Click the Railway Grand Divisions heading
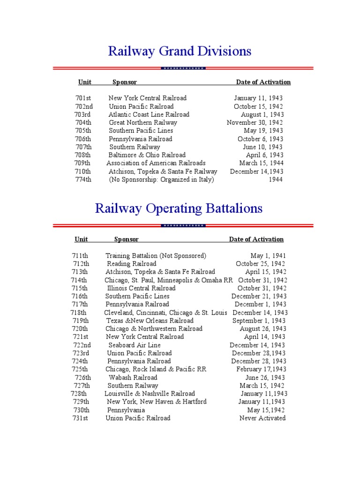pos(180,51)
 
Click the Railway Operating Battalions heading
pos(179,208)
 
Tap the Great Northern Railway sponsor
pos(143,123)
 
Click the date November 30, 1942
pos(255,123)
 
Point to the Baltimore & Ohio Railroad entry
pos(147,155)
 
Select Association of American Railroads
pos(156,163)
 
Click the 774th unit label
pos(83,180)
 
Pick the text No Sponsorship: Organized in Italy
pos(161,180)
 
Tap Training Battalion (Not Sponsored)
pos(156,256)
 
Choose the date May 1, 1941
pos(268,256)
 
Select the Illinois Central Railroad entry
pos(141,288)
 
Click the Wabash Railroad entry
pos(133,377)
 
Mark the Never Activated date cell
pos(262,418)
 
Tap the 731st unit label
pos(80,418)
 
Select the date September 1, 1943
pos(259,321)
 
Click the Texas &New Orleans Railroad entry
pos(150,321)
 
